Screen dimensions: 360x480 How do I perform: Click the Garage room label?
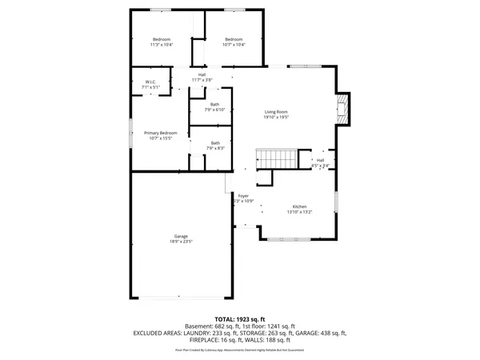[x=182, y=236]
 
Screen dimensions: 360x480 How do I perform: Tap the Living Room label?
[x=276, y=111]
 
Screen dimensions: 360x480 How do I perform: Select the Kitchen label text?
[x=299, y=206]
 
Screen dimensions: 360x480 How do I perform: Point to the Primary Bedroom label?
[x=160, y=133]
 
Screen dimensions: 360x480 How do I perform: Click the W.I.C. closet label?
[x=150, y=82]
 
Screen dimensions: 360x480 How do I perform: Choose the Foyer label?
[x=243, y=195]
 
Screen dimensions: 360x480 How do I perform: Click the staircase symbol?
[x=275, y=157]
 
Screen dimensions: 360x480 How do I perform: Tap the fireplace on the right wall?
[x=343, y=108]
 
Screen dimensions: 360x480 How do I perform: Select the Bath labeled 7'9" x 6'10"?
[x=214, y=104]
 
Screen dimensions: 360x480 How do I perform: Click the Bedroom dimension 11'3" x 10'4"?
[x=162, y=45]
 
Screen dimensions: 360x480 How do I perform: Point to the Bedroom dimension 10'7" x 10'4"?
[x=233, y=45]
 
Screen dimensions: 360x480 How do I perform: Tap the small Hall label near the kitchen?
[x=320, y=160]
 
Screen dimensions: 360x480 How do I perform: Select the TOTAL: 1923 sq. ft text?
[x=240, y=318]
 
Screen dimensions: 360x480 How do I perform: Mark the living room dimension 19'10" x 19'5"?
[x=276, y=117]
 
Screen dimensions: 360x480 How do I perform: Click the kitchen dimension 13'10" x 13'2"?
[x=299, y=212]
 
